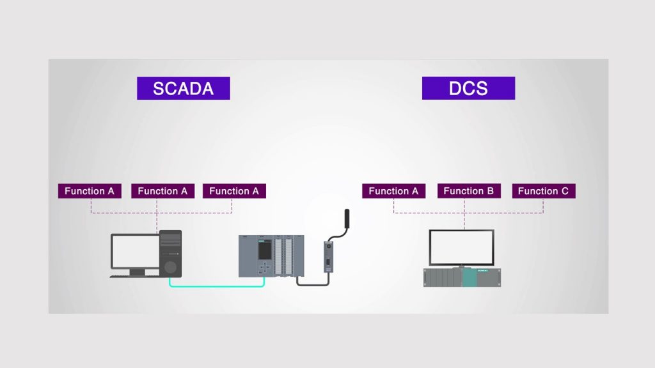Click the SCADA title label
tap(183, 88)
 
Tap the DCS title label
tap(468, 88)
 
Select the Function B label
tap(469, 191)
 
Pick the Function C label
tap(543, 191)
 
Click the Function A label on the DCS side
tap(393, 191)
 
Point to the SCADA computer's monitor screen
tap(134, 251)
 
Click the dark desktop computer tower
tap(170, 253)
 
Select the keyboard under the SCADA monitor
tap(134, 276)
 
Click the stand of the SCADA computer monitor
tap(137, 272)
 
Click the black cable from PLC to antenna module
tap(313, 283)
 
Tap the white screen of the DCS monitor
tap(461, 247)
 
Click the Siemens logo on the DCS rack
tap(482, 272)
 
